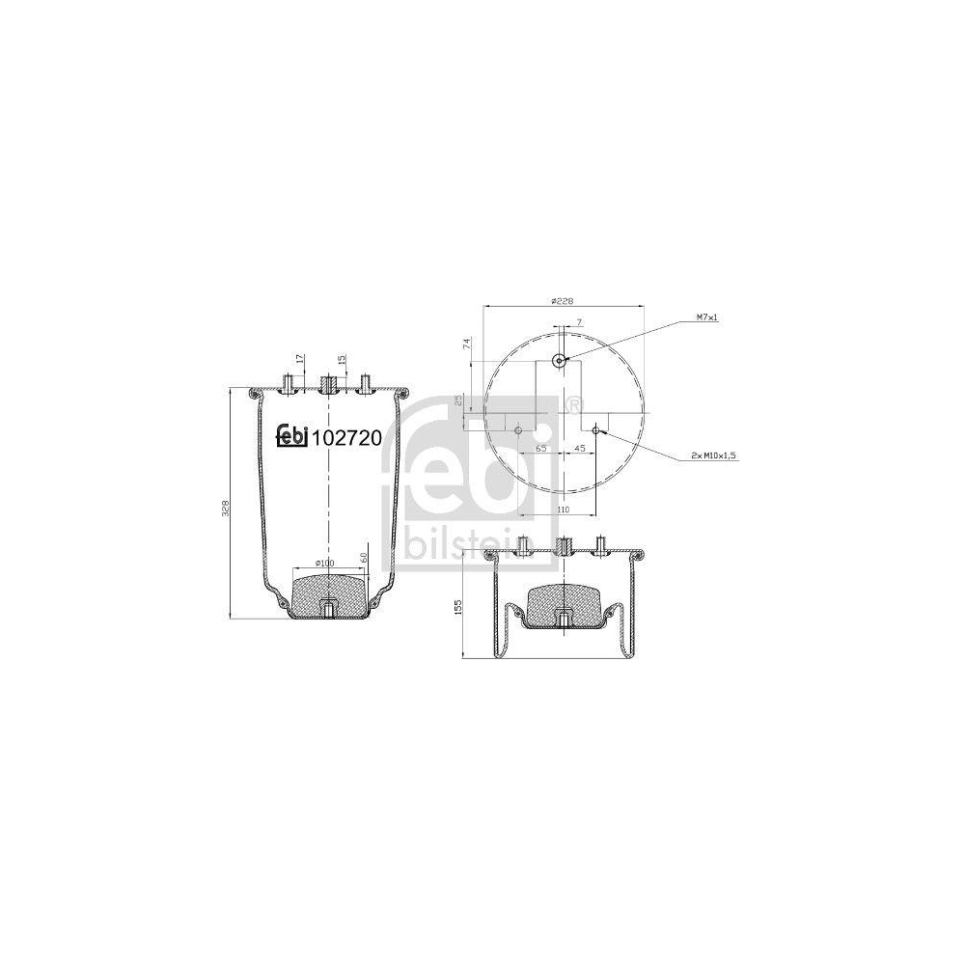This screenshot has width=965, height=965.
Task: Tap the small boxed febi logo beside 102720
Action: (x=292, y=436)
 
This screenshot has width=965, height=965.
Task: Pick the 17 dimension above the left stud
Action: (x=300, y=358)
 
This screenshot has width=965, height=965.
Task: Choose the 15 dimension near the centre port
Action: (x=342, y=358)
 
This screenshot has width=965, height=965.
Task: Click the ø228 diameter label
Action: (x=563, y=301)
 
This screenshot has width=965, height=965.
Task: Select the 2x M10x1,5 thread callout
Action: (x=714, y=454)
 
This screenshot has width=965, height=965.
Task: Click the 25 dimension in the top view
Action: (x=459, y=401)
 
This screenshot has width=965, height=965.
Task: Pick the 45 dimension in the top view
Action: (x=580, y=449)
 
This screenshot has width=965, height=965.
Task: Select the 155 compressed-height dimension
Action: (x=458, y=607)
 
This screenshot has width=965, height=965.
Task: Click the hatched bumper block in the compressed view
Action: (x=561, y=603)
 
